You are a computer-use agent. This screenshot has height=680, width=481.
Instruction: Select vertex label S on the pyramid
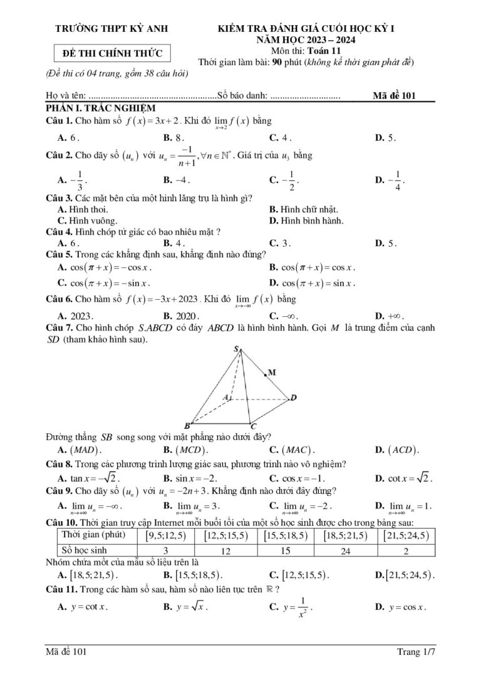click(236, 348)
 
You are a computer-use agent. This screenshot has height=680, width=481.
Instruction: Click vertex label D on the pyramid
click(293, 398)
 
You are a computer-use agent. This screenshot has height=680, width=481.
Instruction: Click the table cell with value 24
click(347, 551)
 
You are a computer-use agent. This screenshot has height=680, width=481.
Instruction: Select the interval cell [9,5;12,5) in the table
click(166, 535)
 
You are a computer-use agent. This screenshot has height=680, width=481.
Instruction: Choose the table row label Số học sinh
click(85, 550)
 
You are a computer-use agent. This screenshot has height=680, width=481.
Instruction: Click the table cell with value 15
click(286, 551)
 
